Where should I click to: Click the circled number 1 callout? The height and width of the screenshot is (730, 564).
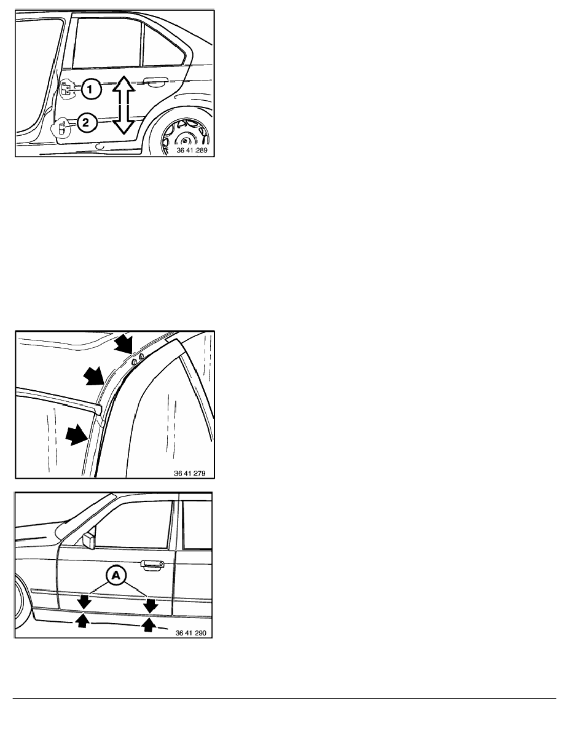click(x=92, y=88)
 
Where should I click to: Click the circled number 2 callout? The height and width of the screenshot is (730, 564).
click(x=85, y=123)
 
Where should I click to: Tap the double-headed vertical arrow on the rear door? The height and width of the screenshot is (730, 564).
click(x=123, y=105)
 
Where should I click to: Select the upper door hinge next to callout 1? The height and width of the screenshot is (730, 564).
click(x=68, y=88)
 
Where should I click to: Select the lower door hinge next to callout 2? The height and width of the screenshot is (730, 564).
click(x=62, y=127)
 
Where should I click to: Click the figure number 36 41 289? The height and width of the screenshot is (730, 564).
click(x=192, y=151)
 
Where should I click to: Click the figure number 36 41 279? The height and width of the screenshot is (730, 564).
click(x=189, y=473)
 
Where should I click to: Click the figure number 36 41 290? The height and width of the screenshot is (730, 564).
click(x=191, y=633)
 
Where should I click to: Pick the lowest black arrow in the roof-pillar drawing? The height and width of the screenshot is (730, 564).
click(x=77, y=434)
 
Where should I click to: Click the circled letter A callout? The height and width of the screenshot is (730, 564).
click(x=116, y=575)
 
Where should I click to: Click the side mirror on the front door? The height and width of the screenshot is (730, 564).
click(x=88, y=540)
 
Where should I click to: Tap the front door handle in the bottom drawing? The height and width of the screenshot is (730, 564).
click(x=152, y=565)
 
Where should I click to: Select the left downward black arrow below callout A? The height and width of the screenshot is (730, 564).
click(x=84, y=600)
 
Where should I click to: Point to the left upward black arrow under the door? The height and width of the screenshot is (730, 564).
click(x=82, y=620)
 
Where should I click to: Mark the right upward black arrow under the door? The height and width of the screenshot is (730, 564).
click(x=149, y=624)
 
